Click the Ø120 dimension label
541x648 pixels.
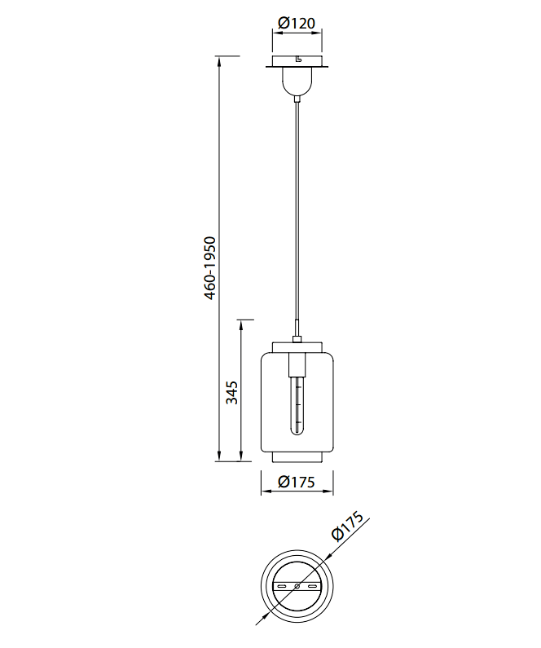click(x=297, y=23)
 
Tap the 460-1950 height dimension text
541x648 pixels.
click(x=210, y=268)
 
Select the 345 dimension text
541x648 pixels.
click(x=232, y=393)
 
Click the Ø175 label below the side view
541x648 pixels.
click(x=297, y=482)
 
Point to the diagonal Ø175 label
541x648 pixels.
click(x=348, y=526)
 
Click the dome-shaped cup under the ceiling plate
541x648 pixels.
click(x=297, y=81)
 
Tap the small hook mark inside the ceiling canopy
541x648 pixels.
click(x=298, y=60)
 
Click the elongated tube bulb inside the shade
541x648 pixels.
click(x=297, y=405)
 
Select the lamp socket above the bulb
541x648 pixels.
click(x=297, y=364)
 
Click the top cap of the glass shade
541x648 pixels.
click(x=297, y=346)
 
